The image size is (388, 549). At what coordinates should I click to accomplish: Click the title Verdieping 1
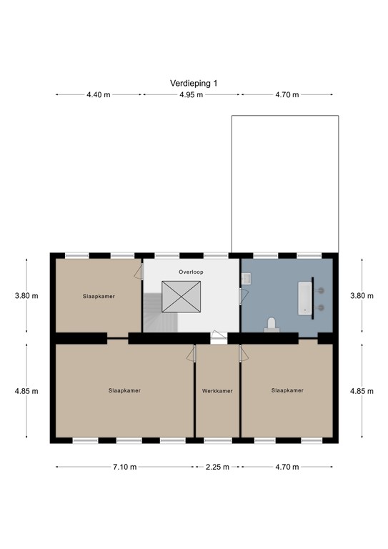tap(194, 83)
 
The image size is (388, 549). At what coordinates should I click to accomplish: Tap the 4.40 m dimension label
tap(99, 94)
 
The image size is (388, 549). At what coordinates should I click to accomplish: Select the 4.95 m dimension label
tap(191, 94)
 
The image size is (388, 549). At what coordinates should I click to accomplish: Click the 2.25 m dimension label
tap(217, 467)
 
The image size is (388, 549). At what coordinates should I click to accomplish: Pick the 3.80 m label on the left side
tap(26, 296)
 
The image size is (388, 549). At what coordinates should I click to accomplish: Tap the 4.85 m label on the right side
tap(361, 391)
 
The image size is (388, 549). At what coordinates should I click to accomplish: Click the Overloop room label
tap(191, 273)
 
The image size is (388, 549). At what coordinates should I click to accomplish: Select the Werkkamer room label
tap(217, 391)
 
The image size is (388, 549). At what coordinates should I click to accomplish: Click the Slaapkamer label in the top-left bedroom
tap(99, 296)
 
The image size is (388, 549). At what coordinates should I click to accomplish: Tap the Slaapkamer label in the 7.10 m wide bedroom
tap(124, 391)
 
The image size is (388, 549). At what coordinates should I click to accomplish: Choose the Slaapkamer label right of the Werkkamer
tap(287, 390)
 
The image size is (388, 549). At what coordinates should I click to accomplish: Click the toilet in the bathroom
tap(271, 325)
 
